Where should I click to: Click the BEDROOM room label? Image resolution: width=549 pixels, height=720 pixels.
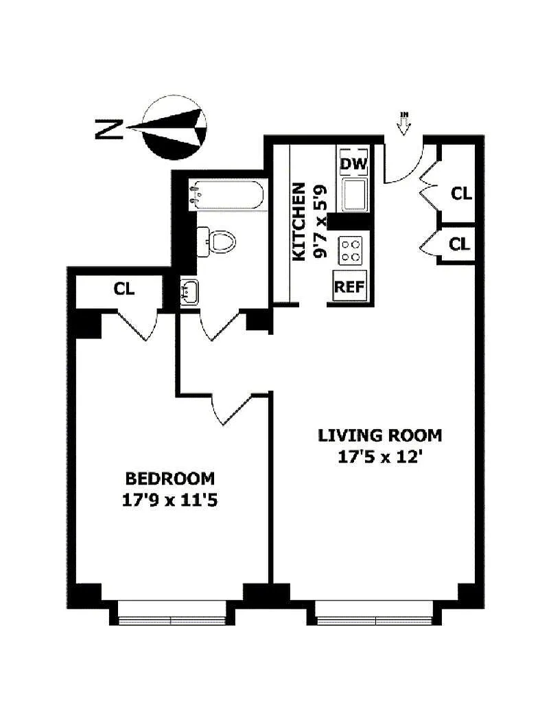pyautogui.click(x=170, y=478)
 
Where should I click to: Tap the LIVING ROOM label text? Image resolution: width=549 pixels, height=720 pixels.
pyautogui.click(x=380, y=435)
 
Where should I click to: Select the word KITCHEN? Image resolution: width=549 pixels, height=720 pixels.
pyautogui.click(x=299, y=222)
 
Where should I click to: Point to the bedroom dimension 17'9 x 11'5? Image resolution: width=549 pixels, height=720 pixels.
pyautogui.click(x=170, y=500)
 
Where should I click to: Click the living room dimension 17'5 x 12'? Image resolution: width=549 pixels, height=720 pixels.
pyautogui.click(x=380, y=457)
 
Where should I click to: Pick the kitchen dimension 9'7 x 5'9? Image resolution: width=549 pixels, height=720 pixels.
pyautogui.click(x=320, y=221)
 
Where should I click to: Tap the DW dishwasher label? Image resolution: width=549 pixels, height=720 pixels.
pyautogui.click(x=353, y=163)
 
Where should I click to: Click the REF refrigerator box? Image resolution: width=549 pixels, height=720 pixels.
pyautogui.click(x=350, y=286)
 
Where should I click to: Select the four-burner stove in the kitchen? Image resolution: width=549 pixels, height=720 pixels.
pyautogui.click(x=351, y=251)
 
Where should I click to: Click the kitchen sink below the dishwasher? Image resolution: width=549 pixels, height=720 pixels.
pyautogui.click(x=354, y=194)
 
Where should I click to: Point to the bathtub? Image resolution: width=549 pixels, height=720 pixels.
pyautogui.click(x=226, y=196)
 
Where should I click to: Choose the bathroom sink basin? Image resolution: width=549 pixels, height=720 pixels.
pyautogui.click(x=189, y=292)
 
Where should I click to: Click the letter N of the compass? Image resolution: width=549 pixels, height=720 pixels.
pyautogui.click(x=109, y=128)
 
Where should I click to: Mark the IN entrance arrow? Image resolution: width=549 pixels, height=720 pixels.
pyautogui.click(x=404, y=124)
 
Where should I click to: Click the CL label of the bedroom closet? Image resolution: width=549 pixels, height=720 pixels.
pyautogui.click(x=124, y=289)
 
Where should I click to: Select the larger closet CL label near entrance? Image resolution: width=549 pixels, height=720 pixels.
pyautogui.click(x=461, y=194)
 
